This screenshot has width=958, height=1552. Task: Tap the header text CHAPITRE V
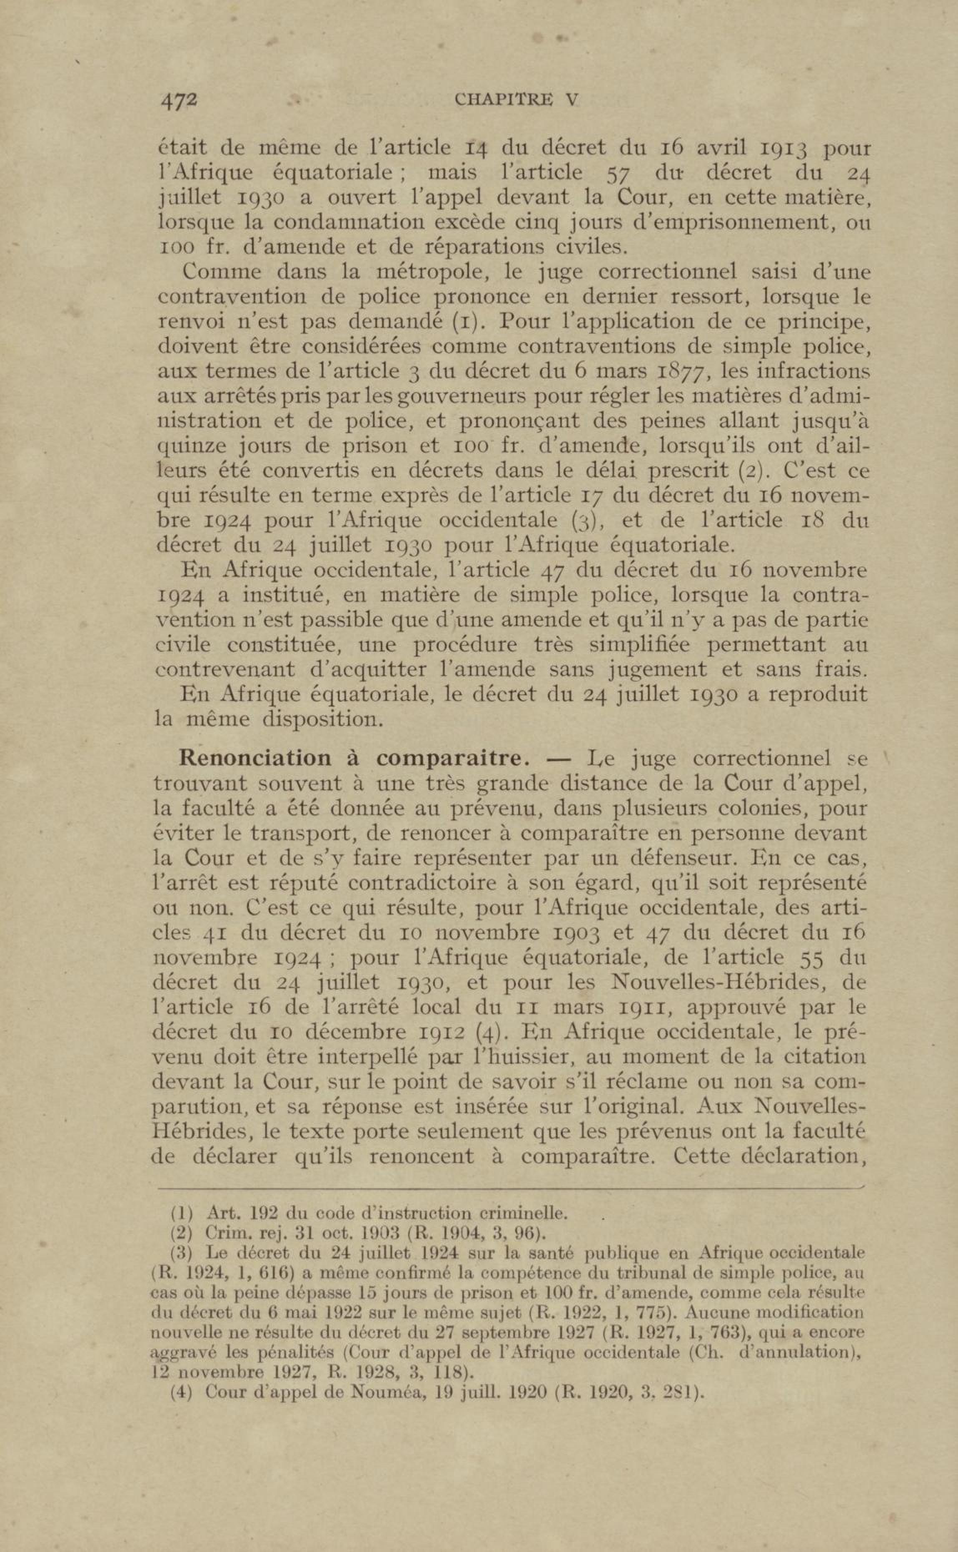(517, 100)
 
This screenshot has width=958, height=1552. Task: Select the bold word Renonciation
(256, 758)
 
